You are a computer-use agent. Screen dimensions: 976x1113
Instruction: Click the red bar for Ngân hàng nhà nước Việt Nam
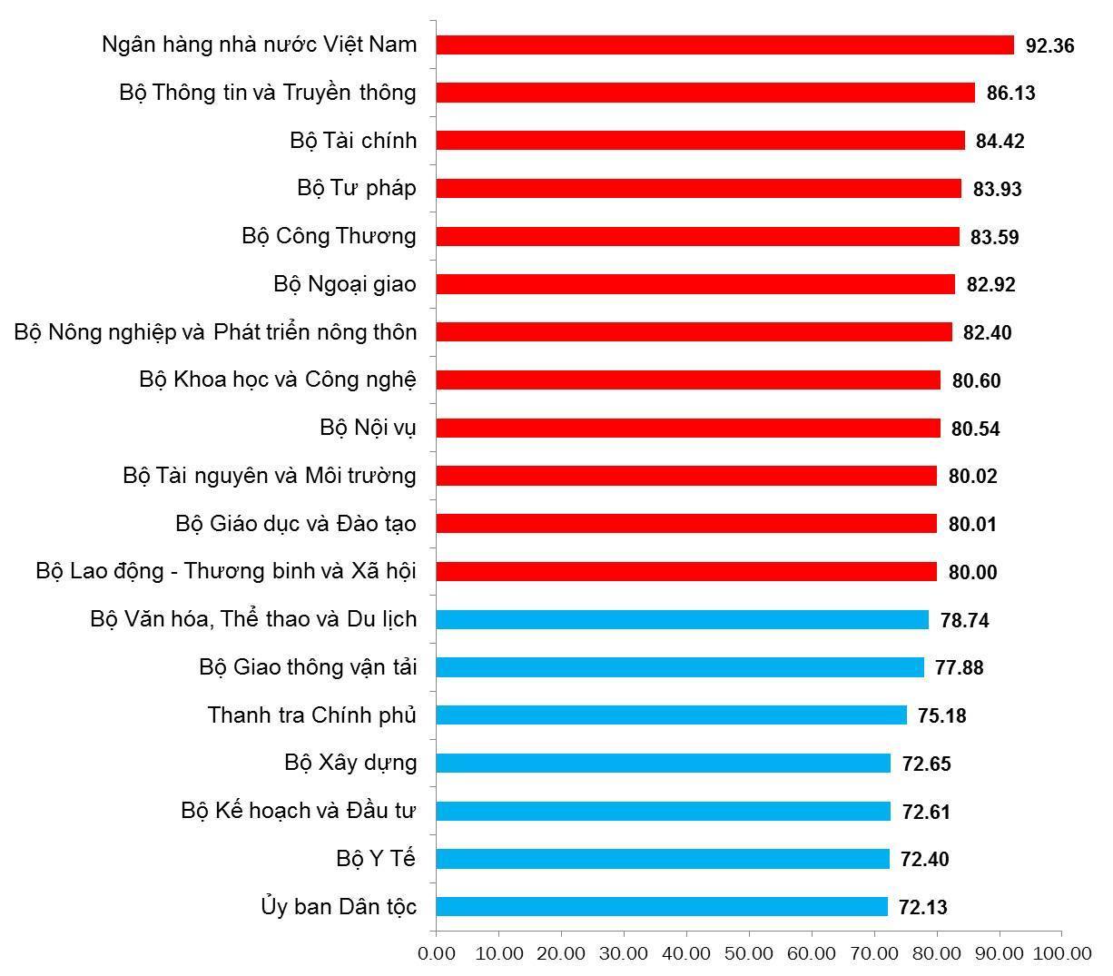pyautogui.click(x=724, y=44)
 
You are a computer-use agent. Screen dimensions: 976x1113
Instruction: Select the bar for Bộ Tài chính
pyautogui.click(x=700, y=141)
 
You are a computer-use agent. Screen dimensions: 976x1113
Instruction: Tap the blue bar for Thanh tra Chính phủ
pyautogui.click(x=671, y=715)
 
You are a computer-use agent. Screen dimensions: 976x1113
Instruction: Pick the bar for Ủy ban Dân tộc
pyautogui.click(x=661, y=906)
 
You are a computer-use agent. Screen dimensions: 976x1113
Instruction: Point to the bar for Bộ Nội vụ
pyautogui.click(x=688, y=428)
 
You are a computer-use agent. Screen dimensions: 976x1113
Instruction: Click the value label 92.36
pyautogui.click(x=1049, y=45)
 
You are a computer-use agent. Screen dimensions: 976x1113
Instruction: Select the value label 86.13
pyautogui.click(x=1010, y=94)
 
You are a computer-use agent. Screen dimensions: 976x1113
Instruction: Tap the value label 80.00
pyautogui.click(x=972, y=572)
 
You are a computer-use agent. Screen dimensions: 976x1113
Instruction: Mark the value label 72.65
pyautogui.click(x=926, y=764)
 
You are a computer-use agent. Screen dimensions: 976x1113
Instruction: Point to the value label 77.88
pyautogui.click(x=959, y=668)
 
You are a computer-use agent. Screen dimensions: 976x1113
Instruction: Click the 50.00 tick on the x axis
pyautogui.click(x=749, y=953)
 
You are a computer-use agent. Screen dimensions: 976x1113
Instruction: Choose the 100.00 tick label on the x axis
pyautogui.click(x=1061, y=953)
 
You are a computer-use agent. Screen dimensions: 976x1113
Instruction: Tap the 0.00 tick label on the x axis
pyautogui.click(x=437, y=953)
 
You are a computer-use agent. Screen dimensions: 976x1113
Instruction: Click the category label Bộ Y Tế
pyautogui.click(x=376, y=858)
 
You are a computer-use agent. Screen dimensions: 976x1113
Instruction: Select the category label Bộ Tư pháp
pyautogui.click(x=357, y=188)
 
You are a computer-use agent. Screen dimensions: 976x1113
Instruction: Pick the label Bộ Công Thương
pyautogui.click(x=329, y=236)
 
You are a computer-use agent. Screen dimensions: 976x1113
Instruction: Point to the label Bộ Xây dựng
pyautogui.click(x=350, y=763)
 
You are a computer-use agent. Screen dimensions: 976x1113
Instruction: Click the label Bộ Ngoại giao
pyautogui.click(x=345, y=284)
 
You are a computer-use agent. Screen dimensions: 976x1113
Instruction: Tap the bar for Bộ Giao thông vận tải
pyautogui.click(x=680, y=667)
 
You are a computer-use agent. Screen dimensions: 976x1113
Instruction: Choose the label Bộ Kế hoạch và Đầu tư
pyautogui.click(x=299, y=811)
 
